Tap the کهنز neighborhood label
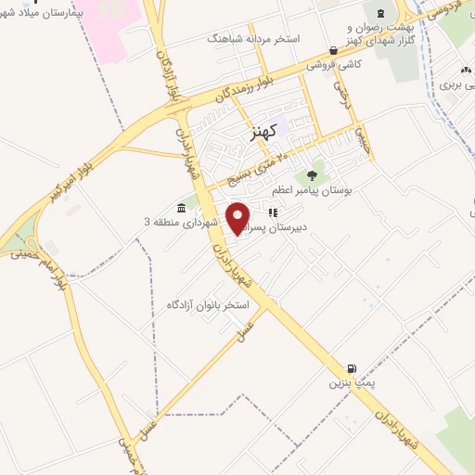point(264,134)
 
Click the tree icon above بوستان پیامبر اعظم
point(312,173)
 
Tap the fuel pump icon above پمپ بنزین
point(351,366)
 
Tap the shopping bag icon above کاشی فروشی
point(333,50)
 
